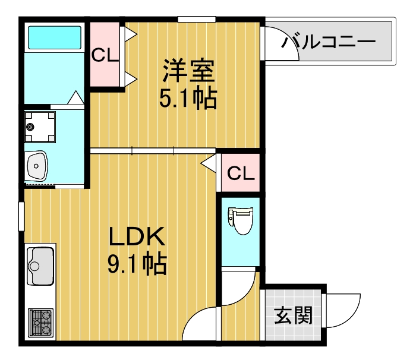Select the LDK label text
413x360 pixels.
[x=136, y=238]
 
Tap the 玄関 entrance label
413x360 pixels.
[x=293, y=315]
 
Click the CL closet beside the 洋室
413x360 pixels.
[x=105, y=55]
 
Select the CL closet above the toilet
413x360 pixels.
[x=241, y=173]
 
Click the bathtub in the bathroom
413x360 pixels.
[x=55, y=38]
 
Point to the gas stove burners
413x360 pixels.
[x=40, y=323]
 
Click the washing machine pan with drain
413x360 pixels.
[x=38, y=125]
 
